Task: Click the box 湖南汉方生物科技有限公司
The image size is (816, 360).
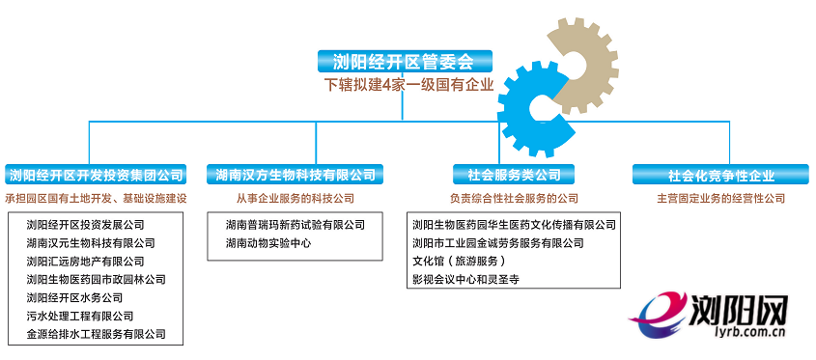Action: (x=295, y=175)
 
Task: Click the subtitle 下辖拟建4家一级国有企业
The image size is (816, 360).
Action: (x=408, y=85)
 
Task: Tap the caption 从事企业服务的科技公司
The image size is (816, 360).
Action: (x=295, y=199)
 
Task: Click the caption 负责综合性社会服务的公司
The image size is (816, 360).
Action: (x=513, y=199)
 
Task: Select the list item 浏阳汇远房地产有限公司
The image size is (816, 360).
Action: (x=85, y=262)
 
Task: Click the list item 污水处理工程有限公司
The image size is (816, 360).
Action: (x=79, y=317)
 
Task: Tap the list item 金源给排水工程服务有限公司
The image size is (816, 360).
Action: (x=96, y=335)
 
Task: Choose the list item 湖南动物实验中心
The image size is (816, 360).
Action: (x=268, y=243)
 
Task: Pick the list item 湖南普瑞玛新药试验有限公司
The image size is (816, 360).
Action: (x=295, y=225)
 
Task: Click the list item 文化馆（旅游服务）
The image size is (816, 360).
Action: (x=459, y=262)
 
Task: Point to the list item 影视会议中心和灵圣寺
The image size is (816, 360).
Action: (x=465, y=280)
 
